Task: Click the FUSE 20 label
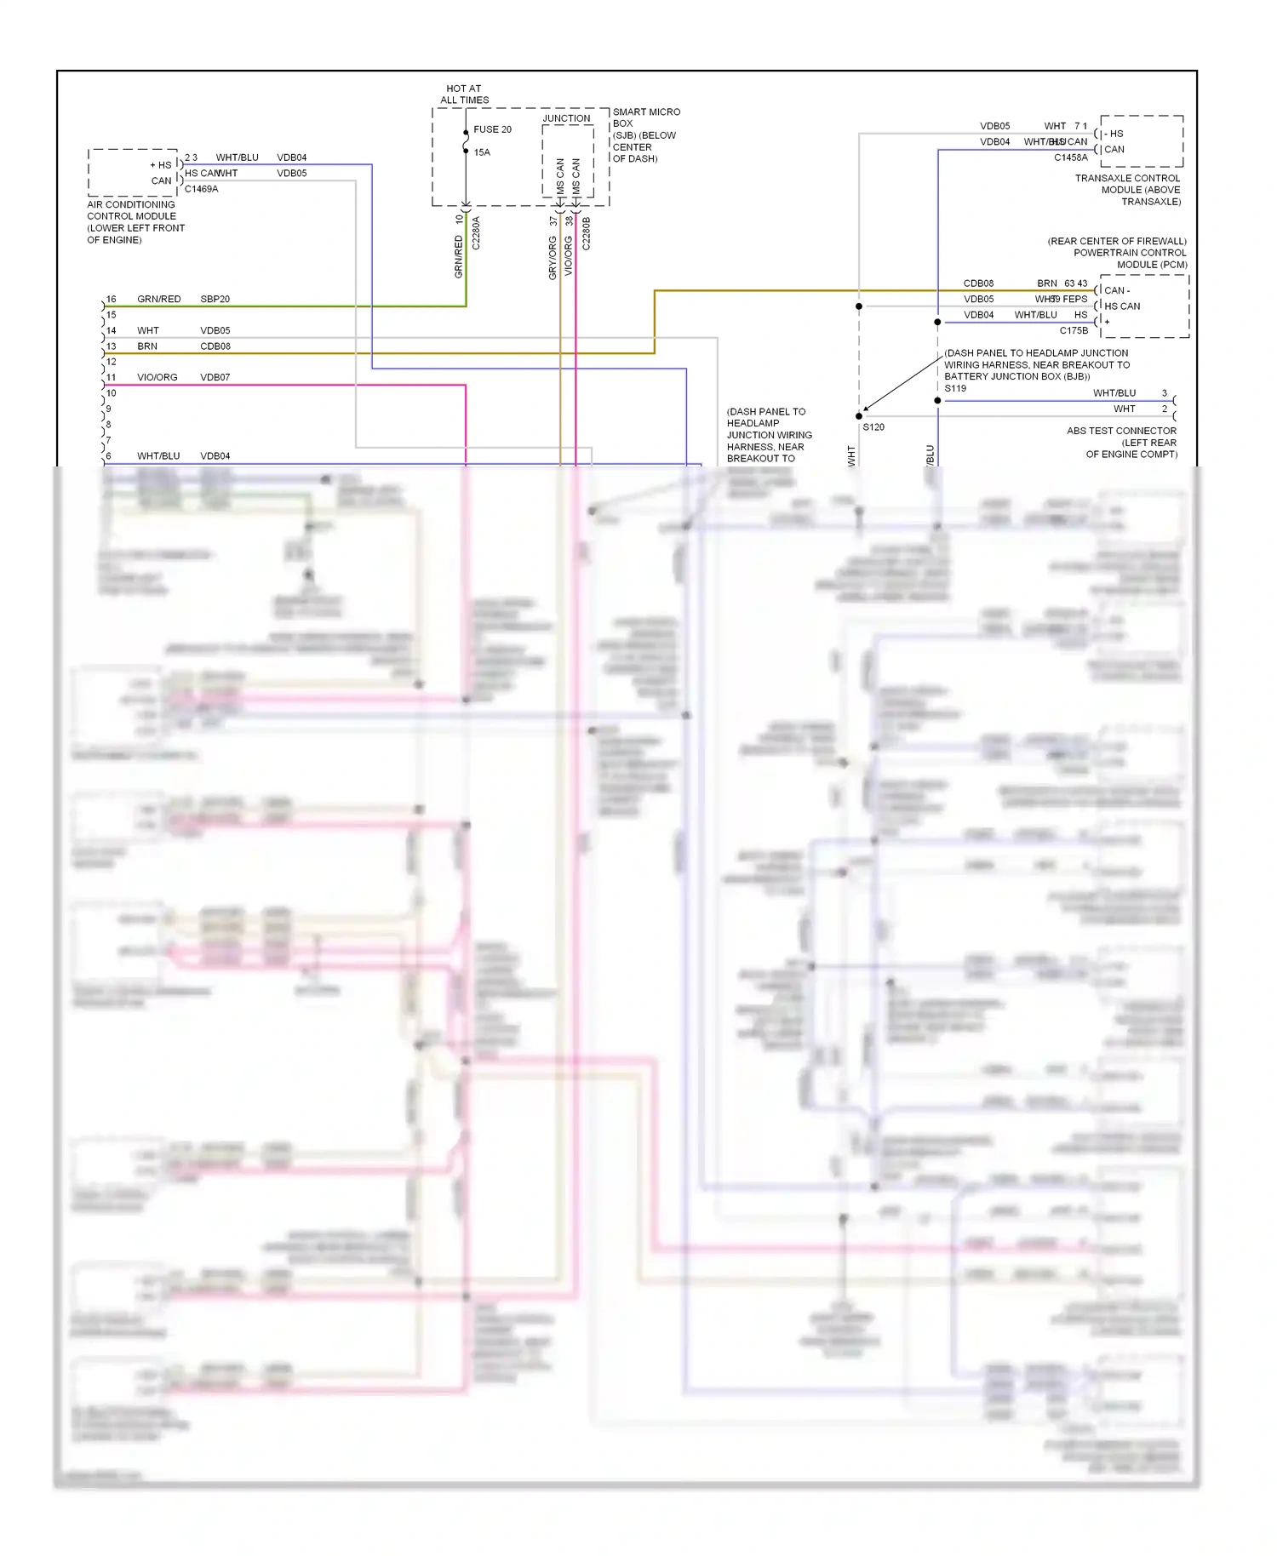coord(492,129)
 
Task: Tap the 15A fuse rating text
coord(482,152)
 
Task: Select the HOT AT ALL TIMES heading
coord(464,94)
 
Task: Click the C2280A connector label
coord(476,232)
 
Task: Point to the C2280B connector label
coord(586,233)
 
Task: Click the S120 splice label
coord(873,427)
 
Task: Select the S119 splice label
coord(955,388)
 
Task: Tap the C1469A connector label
coord(201,189)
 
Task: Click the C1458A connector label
coord(1070,157)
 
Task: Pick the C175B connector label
coord(1074,330)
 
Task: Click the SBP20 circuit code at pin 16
coord(215,299)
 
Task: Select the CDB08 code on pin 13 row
coord(215,346)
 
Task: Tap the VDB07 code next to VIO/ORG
coord(215,377)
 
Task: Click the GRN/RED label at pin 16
coord(158,299)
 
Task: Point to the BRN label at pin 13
coord(147,346)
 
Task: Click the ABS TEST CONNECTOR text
coord(1121,431)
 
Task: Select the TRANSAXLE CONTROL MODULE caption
coord(1128,190)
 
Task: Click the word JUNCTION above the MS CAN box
coord(566,118)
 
